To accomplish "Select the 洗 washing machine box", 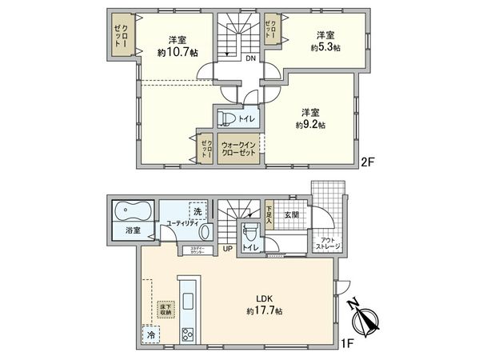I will (196, 211).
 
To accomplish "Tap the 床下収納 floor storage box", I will (166, 308).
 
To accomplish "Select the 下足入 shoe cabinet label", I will (269, 213).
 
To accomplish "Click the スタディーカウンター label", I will (201, 251).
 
